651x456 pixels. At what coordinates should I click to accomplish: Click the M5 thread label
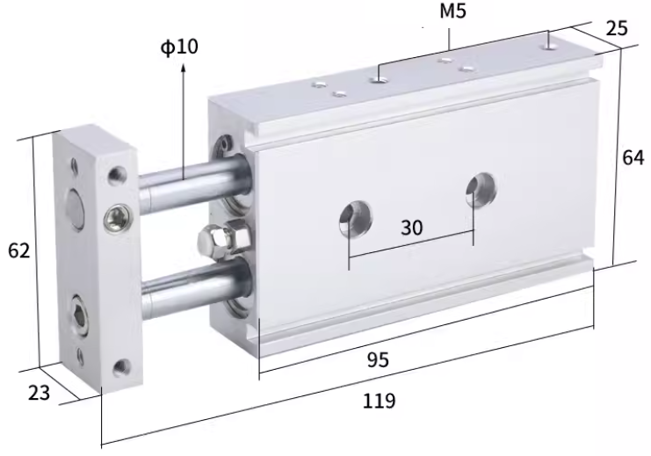453,11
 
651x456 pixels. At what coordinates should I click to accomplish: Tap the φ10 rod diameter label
179,47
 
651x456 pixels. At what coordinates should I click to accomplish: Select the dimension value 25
617,29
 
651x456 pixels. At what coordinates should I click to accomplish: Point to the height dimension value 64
633,158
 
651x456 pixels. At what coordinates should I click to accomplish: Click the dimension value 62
19,250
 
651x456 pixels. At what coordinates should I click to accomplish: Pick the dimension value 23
39,393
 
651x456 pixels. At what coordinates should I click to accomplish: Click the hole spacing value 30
411,228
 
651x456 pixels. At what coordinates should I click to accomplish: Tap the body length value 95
378,359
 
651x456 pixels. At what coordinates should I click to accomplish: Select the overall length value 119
379,402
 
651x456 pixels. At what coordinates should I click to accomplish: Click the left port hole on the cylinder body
356,218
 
